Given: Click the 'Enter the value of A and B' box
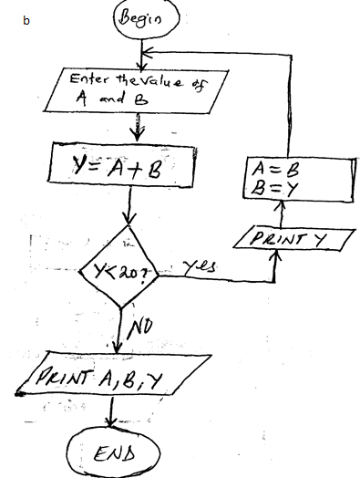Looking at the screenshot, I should [x=128, y=91].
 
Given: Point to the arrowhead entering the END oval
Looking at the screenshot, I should [x=112, y=422].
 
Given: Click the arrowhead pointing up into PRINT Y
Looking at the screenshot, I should [x=273, y=255].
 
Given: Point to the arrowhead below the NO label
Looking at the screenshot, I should [x=121, y=347].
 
